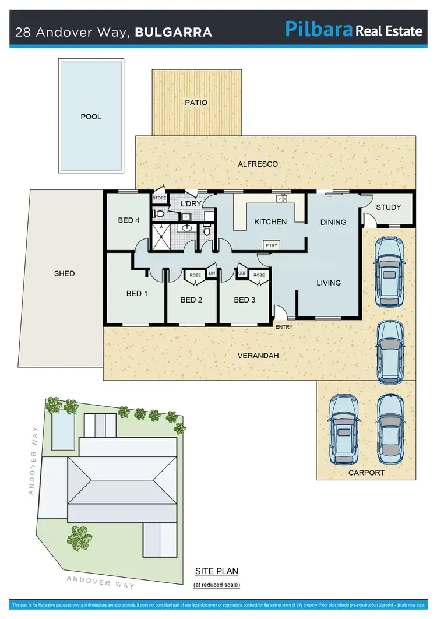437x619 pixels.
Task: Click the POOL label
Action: (x=91, y=117)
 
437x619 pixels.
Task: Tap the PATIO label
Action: (x=196, y=103)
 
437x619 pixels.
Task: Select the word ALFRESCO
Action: (x=258, y=164)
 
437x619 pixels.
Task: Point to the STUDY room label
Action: (x=388, y=207)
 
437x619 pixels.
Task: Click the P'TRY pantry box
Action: (x=271, y=246)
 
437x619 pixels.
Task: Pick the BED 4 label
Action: (x=129, y=220)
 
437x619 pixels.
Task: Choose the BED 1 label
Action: (x=137, y=293)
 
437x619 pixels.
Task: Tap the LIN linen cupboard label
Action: (x=212, y=273)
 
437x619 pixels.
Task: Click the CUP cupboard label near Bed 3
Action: (x=242, y=273)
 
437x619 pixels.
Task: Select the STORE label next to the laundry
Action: (x=160, y=199)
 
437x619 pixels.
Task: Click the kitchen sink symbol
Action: (x=282, y=199)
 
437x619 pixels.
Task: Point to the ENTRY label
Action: (x=284, y=327)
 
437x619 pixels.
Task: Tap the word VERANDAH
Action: (x=259, y=356)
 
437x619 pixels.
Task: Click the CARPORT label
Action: (x=366, y=473)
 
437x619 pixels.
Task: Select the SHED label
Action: (x=64, y=273)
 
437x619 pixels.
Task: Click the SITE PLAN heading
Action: (x=216, y=571)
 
